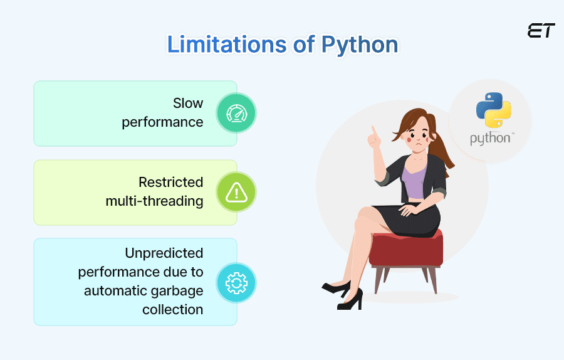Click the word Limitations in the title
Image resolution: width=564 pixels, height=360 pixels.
(x=227, y=45)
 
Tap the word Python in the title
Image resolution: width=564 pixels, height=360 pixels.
(x=360, y=45)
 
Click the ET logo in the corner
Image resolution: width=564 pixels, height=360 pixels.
(x=541, y=31)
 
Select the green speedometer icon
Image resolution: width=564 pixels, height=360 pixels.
(x=236, y=113)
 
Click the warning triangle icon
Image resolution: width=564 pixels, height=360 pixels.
(x=236, y=193)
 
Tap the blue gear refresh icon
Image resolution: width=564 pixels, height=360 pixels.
(x=236, y=283)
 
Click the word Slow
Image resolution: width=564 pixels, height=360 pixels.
(x=188, y=103)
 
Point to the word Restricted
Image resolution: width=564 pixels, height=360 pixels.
(x=171, y=182)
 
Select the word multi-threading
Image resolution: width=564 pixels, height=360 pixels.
(x=154, y=201)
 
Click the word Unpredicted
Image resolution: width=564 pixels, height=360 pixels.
(x=164, y=253)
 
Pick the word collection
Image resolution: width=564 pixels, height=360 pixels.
(x=173, y=310)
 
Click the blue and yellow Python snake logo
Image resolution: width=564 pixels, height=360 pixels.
(x=494, y=110)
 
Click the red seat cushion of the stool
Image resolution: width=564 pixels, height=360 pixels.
(x=406, y=249)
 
